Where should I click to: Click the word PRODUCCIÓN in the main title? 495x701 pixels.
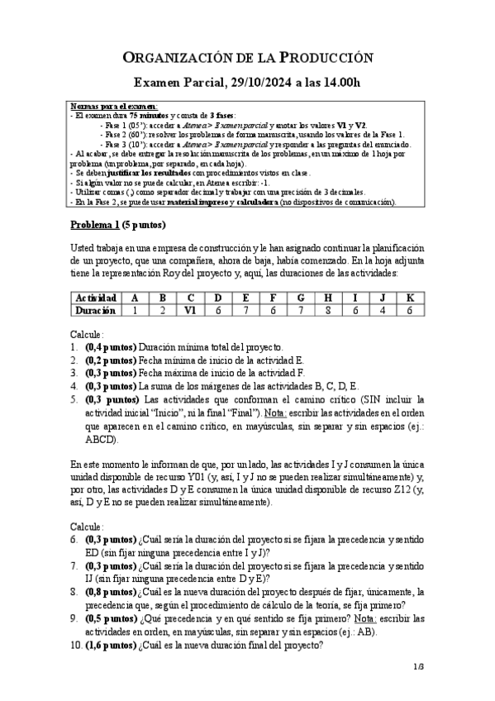[x=326, y=57]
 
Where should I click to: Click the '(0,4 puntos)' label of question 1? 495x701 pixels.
[x=111, y=347]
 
